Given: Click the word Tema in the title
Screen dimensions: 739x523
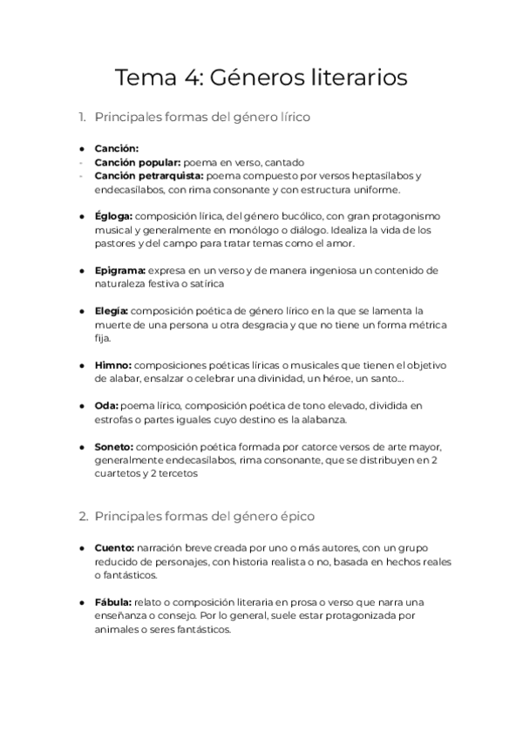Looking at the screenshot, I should [145, 78].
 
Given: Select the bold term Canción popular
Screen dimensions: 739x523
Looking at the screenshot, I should [138, 162].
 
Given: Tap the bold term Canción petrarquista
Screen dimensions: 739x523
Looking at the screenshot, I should [149, 175].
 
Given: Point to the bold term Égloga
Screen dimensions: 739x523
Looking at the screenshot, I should [113, 215].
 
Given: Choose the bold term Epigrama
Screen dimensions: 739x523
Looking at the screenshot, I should [120, 270].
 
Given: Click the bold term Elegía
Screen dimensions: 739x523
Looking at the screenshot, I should [112, 310].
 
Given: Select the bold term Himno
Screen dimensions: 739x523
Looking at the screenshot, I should [112, 364].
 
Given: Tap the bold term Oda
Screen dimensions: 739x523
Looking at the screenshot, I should [105, 405].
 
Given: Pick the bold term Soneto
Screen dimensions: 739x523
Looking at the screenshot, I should [114, 446].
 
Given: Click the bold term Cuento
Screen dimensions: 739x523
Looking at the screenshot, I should [114, 547].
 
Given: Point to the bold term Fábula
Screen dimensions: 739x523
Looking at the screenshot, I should [113, 602].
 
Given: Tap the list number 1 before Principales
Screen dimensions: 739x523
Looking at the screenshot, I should [81, 116].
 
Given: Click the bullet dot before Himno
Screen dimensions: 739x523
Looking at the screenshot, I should [82, 365].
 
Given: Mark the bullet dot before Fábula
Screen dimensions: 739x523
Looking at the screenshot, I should [82, 603].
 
